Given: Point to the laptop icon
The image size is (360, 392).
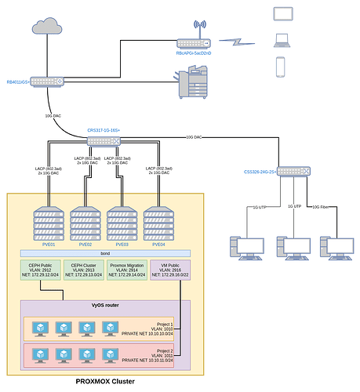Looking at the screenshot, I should click(x=281, y=41).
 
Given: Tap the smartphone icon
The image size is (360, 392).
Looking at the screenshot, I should click(x=280, y=67).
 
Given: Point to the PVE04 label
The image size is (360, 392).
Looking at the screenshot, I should click(x=158, y=245).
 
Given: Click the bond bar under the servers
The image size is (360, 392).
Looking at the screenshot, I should click(x=105, y=253).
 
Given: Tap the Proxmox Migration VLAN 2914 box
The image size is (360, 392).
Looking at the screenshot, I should click(x=128, y=271).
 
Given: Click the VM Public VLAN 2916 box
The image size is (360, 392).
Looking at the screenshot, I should click(x=171, y=271).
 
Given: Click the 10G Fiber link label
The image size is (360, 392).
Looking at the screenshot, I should click(x=319, y=207).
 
